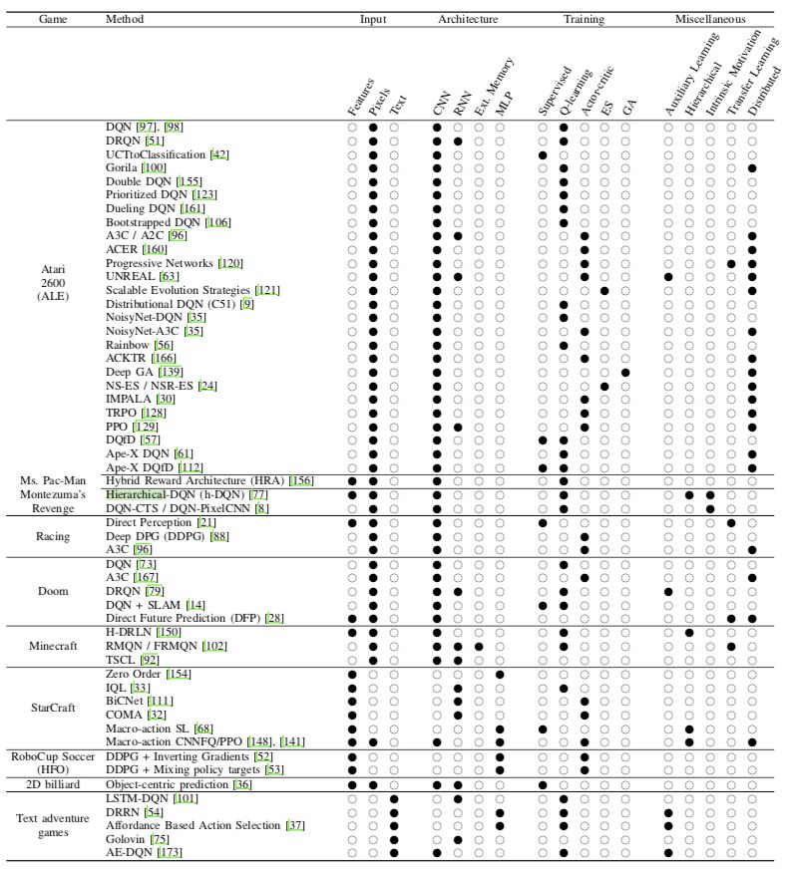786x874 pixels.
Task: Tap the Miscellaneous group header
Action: pyautogui.click(x=709, y=19)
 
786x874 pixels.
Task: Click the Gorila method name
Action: pyautogui.click(x=123, y=167)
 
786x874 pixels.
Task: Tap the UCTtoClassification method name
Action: pyautogui.click(x=155, y=154)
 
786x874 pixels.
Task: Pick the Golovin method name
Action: pyautogui.click(x=125, y=839)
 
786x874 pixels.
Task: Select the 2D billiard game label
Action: pyautogui.click(x=53, y=785)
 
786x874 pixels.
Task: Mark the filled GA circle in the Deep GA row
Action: pyautogui.click(x=625, y=371)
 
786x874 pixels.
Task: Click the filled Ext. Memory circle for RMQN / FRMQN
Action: pyautogui.click(x=479, y=645)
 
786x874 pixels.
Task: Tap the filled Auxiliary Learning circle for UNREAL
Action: pyautogui.click(x=668, y=276)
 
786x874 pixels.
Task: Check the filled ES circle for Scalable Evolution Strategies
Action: pyautogui.click(x=604, y=290)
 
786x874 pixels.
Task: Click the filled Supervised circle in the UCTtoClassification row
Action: pyautogui.click(x=543, y=154)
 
